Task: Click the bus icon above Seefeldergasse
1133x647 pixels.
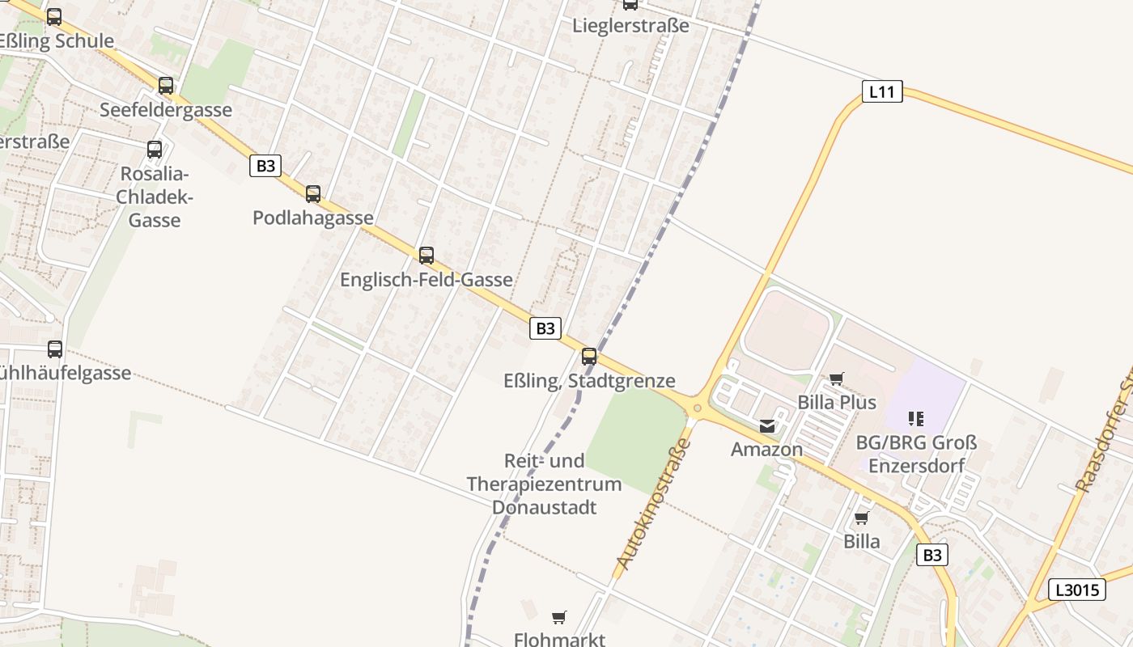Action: coord(166,86)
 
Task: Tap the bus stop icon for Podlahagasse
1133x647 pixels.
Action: coord(313,194)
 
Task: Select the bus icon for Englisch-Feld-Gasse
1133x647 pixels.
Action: coord(426,256)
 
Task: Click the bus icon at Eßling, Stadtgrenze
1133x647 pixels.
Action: coord(589,356)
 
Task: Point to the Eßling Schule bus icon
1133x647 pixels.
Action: coord(54,16)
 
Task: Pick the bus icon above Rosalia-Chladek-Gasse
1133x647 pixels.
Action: coord(155,150)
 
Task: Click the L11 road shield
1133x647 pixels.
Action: coord(881,91)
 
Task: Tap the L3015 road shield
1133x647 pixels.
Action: coord(1077,590)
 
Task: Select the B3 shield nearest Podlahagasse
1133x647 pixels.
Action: coord(265,167)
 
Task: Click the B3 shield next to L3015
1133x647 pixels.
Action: coord(932,555)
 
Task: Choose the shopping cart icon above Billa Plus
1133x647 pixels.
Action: coord(837,378)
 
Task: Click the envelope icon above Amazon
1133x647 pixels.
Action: coord(767,426)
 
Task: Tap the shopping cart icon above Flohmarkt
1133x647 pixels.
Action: coord(558,618)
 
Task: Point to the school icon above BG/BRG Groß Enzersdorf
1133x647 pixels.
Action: coord(916,418)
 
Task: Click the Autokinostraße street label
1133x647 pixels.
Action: coord(654,504)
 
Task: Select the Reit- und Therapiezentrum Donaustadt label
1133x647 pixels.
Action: coord(545,484)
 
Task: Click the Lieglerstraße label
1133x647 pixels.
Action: coord(630,25)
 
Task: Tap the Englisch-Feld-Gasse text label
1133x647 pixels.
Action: coord(426,280)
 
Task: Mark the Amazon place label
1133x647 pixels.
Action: coord(767,449)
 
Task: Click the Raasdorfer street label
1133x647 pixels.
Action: coord(1104,437)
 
